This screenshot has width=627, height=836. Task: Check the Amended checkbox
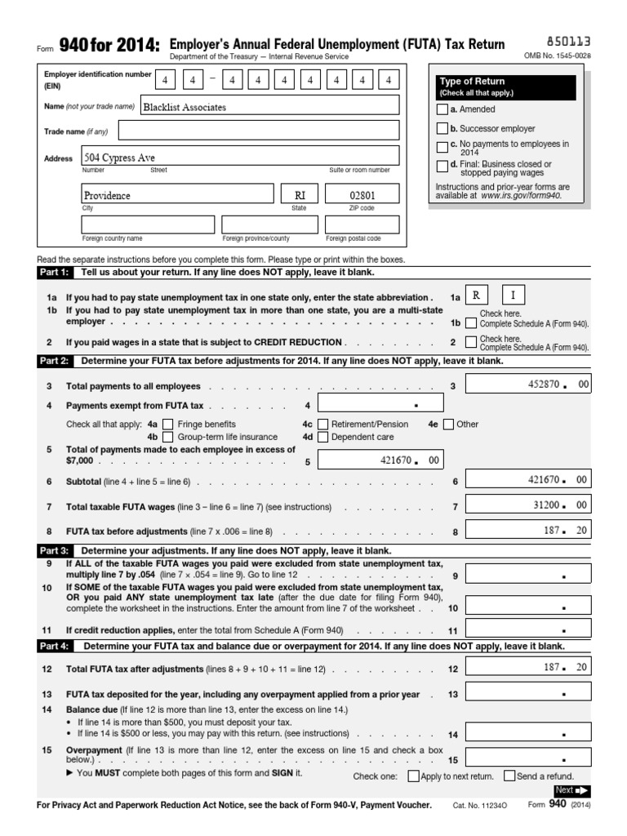(442, 109)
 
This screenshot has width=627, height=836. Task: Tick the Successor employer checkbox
(442, 128)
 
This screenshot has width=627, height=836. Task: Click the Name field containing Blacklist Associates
(269, 106)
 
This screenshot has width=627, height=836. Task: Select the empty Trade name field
(259, 131)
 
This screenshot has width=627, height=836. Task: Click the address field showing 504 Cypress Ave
(240, 157)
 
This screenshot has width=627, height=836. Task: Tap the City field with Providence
(177, 195)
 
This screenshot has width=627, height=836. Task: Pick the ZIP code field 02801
(362, 195)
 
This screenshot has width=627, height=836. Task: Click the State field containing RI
(300, 195)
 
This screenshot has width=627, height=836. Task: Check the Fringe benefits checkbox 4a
(168, 425)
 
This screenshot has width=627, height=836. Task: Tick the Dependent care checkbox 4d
(323, 438)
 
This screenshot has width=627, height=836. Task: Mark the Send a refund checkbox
(509, 776)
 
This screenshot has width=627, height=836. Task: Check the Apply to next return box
(413, 776)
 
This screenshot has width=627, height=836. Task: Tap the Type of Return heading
(473, 82)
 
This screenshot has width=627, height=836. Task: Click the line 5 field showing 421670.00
(380, 461)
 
